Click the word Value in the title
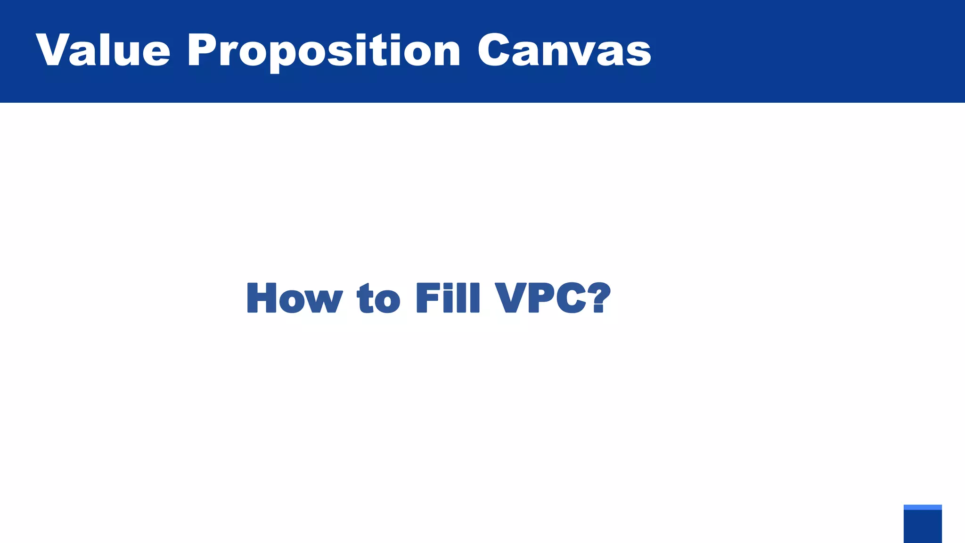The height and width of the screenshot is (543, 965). pyautogui.click(x=103, y=50)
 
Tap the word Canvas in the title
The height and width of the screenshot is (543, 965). pyautogui.click(x=564, y=50)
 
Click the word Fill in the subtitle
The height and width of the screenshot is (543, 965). pyautogui.click(x=448, y=298)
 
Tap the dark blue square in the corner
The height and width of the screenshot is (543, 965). pyautogui.click(x=923, y=527)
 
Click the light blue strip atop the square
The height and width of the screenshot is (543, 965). pyautogui.click(x=923, y=507)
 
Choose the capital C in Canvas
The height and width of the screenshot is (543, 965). pyautogui.click(x=496, y=50)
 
